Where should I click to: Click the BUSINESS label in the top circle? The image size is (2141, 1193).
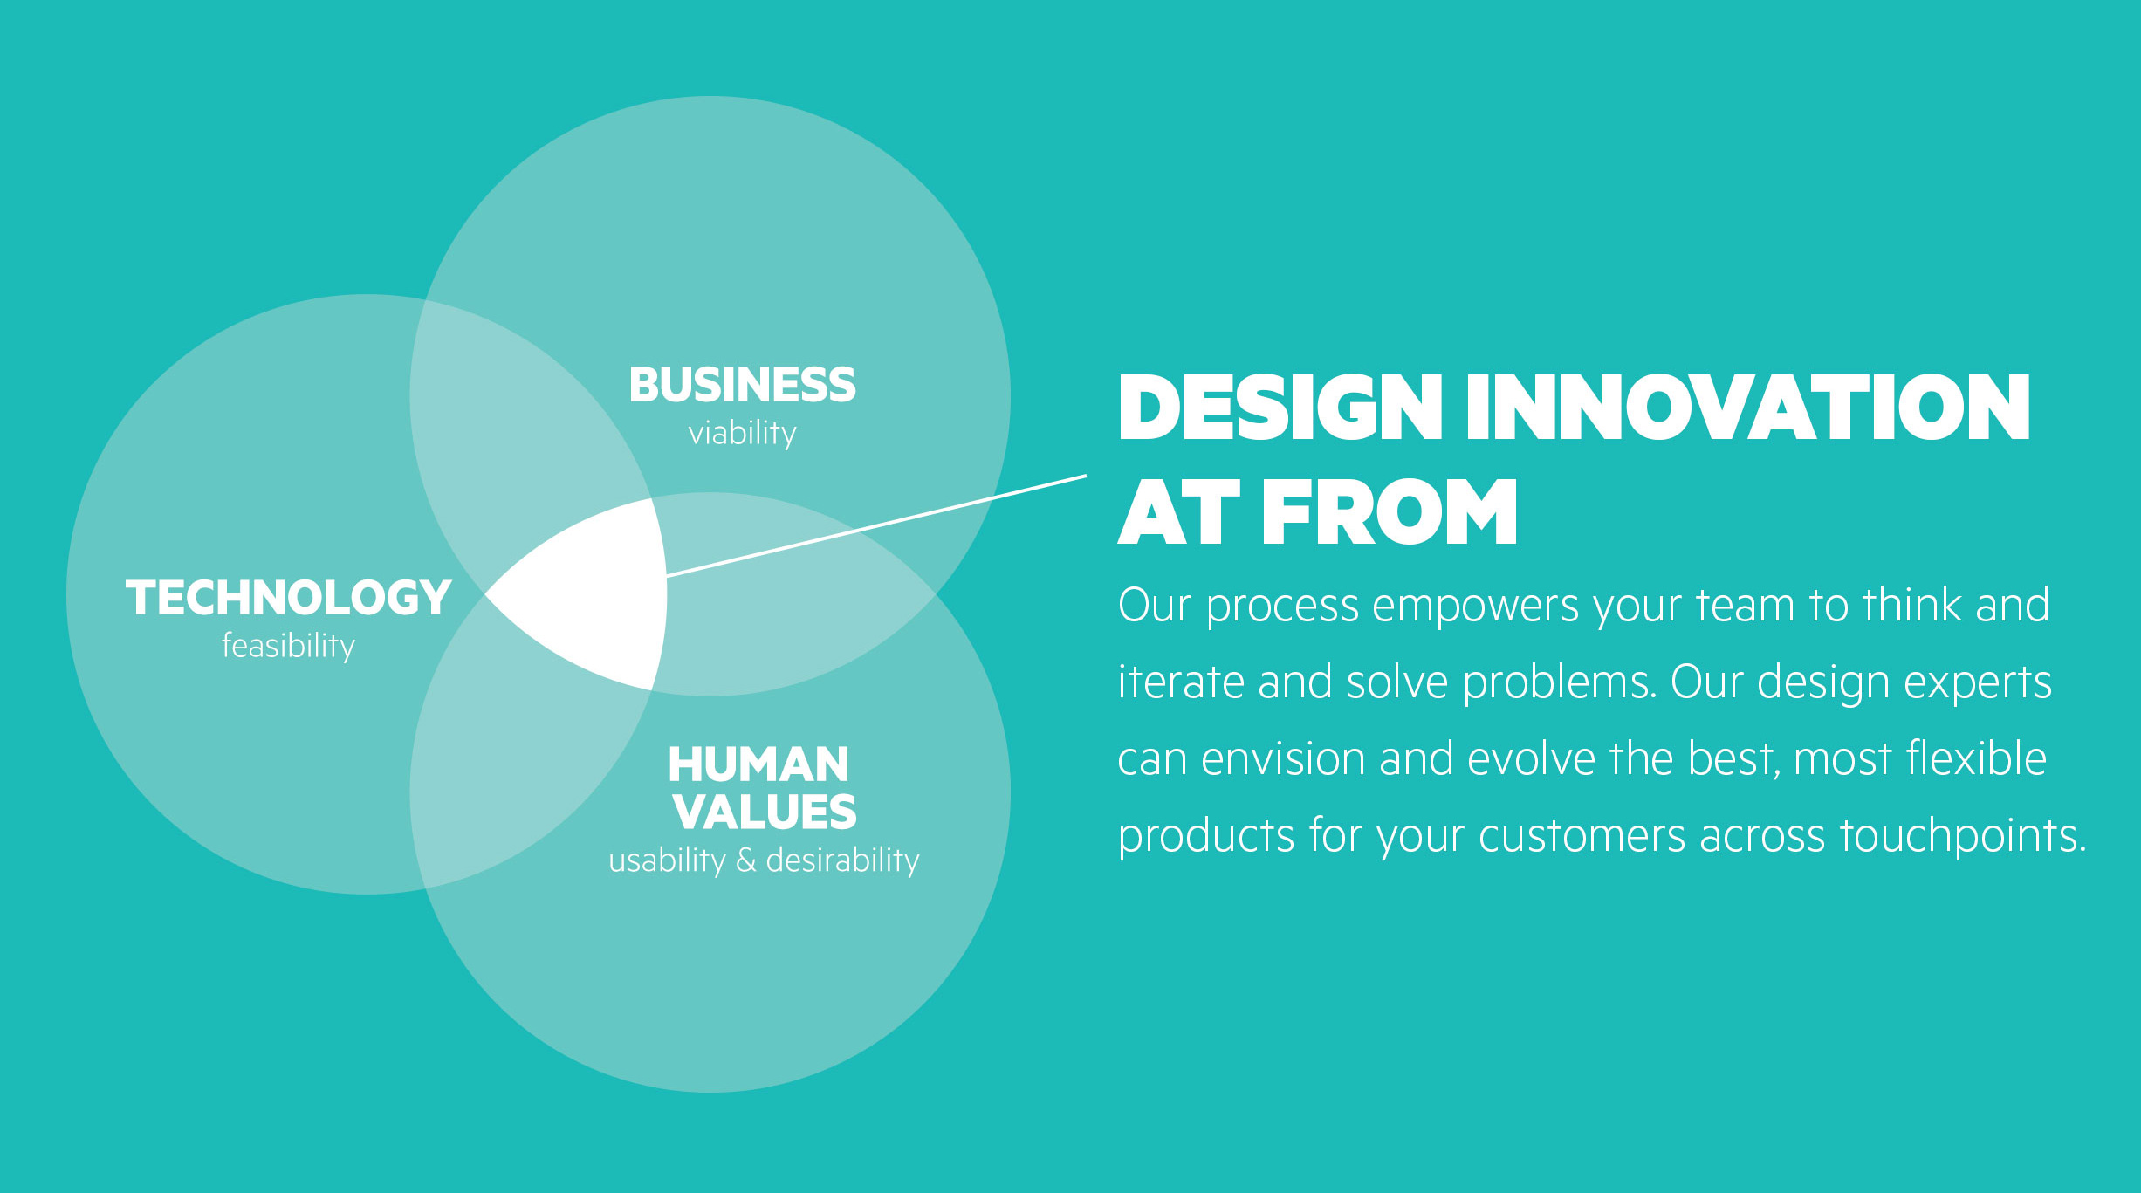point(742,385)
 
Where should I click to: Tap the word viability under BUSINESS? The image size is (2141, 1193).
point(742,434)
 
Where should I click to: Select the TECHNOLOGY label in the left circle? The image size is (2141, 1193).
point(288,598)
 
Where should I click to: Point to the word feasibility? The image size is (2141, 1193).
point(288,646)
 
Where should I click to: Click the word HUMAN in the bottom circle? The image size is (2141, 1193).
point(758,764)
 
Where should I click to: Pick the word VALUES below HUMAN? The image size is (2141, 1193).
point(765,812)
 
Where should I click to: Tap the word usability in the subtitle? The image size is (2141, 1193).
point(667,861)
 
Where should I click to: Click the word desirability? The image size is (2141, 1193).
point(842,860)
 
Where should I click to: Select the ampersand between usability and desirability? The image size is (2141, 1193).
point(745,860)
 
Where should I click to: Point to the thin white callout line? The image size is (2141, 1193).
point(876,525)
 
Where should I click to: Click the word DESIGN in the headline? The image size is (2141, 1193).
point(1280,408)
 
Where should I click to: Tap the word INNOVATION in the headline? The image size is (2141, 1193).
point(1748,408)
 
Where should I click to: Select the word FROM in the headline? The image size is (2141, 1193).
point(1390,512)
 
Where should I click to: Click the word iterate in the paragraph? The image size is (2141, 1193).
point(1181,682)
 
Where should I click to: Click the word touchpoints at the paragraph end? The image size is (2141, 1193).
point(1963,836)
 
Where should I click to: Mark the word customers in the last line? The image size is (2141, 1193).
point(1582,836)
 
